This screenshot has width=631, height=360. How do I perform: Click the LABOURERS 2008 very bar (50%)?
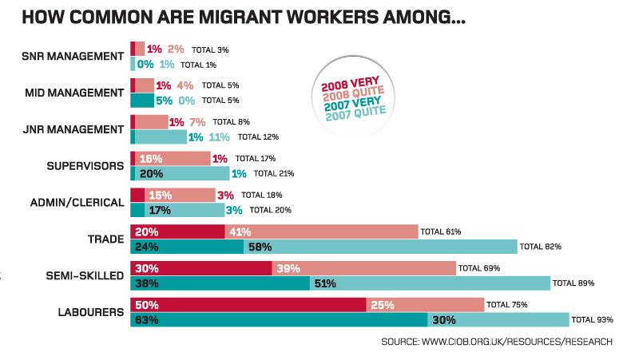click(x=248, y=304)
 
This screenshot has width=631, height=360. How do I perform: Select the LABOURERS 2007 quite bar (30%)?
click(x=498, y=320)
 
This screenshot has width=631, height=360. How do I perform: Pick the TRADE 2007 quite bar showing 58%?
click(x=380, y=247)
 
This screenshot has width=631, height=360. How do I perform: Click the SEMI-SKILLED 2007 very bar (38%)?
click(x=220, y=283)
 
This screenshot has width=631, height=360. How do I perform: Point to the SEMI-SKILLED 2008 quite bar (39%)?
click(x=363, y=268)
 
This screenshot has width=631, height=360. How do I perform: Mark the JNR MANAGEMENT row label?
click(x=74, y=129)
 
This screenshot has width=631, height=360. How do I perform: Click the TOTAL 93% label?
click(x=593, y=321)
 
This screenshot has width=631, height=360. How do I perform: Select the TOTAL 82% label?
click(x=541, y=247)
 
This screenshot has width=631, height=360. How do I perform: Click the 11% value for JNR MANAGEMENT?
click(x=220, y=137)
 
